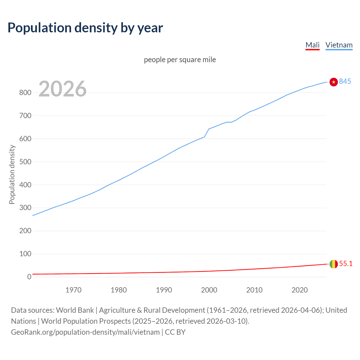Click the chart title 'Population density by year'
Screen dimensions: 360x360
tap(85, 28)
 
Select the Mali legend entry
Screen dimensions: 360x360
tap(312, 45)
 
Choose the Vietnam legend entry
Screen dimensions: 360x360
tap(339, 45)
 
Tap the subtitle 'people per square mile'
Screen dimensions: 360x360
tap(180, 60)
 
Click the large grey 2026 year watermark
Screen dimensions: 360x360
tap(62, 89)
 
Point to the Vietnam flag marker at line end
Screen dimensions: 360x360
tap(334, 82)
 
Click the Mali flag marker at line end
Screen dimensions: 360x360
tap(334, 264)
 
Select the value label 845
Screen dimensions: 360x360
tap(345, 81)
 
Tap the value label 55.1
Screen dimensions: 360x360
tap(346, 264)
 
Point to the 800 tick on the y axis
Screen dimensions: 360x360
tap(25, 93)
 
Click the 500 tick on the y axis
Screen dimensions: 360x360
tap(25, 162)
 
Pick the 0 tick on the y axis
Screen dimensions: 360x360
tap(29, 277)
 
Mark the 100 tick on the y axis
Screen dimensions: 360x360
tap(25, 254)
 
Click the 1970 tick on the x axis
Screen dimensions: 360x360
tap(73, 290)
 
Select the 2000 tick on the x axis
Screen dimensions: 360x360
tap(209, 290)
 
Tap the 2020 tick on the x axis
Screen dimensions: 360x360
tap(300, 290)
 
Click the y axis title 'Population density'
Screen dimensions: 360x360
tap(12, 174)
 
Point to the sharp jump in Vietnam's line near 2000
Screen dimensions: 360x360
tap(207, 133)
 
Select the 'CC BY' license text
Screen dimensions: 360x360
tap(175, 332)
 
